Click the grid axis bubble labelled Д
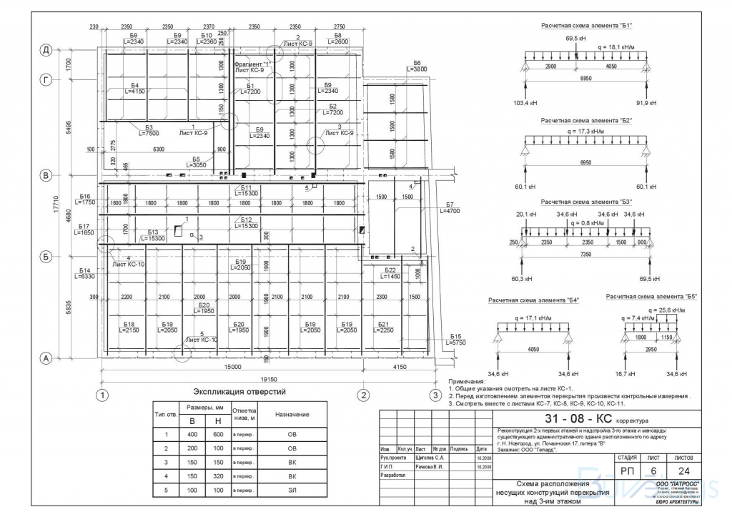tap(46, 49)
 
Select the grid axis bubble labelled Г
tap(46, 80)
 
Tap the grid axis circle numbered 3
tap(434, 395)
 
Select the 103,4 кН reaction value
tap(525, 104)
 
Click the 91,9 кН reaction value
tap(646, 104)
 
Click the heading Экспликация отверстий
tap(239, 391)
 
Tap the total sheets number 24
tap(683, 471)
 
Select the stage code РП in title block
tap(626, 471)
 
